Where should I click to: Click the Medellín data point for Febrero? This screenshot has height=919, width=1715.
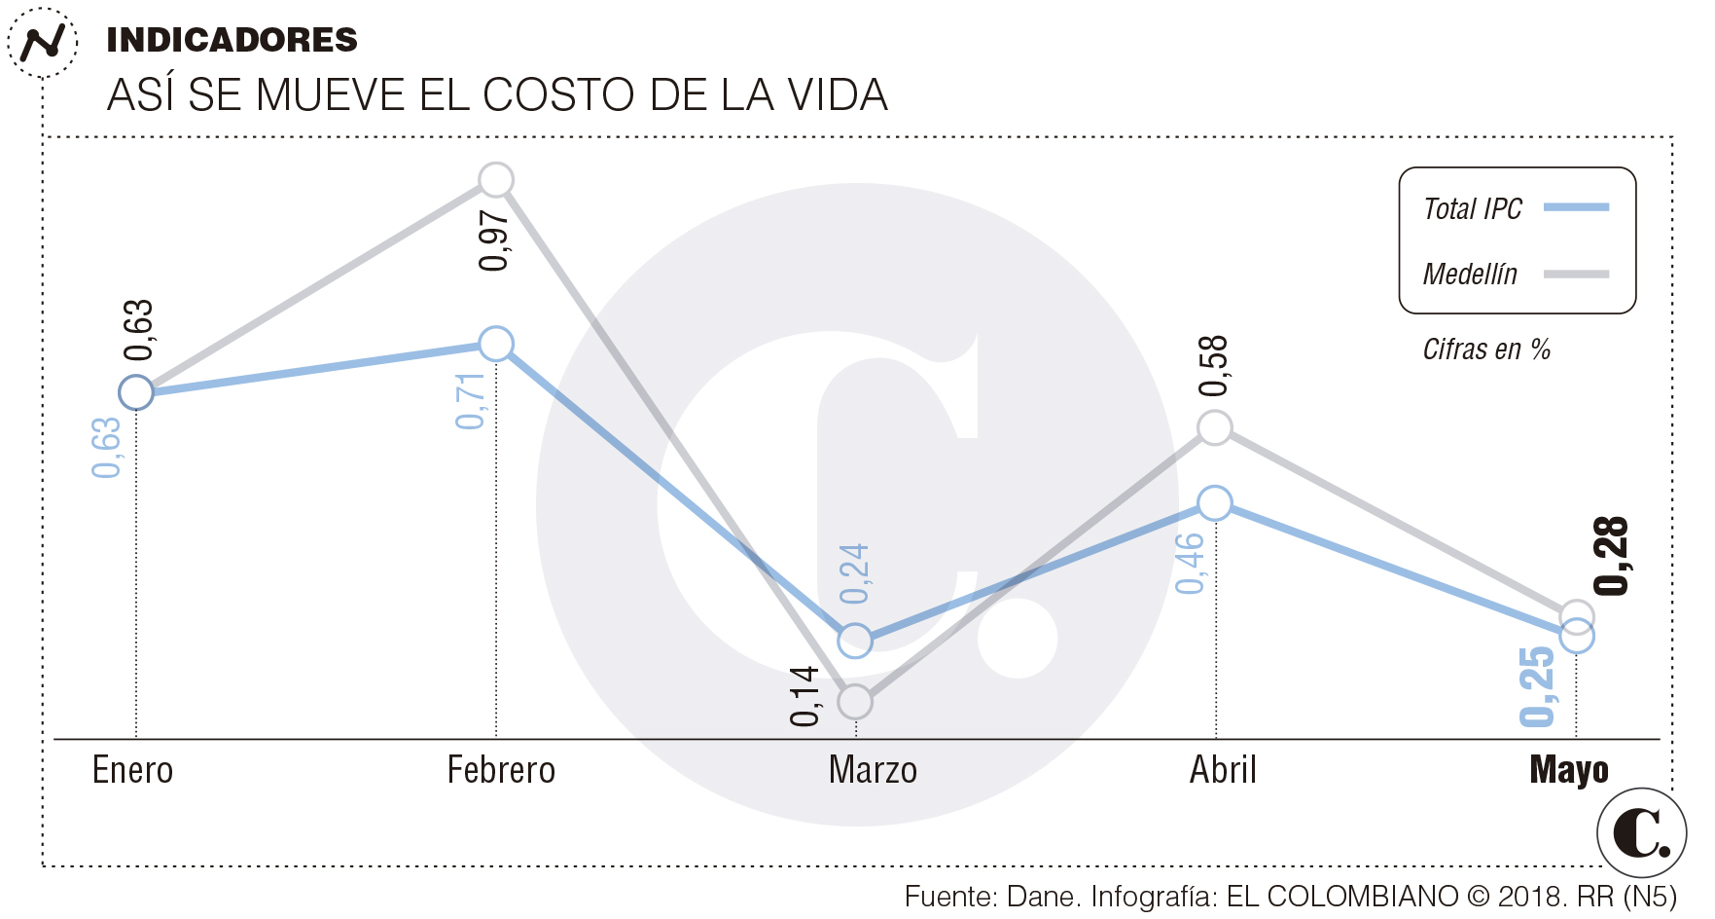tap(496, 180)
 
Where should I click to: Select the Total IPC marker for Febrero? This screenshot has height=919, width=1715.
tap(496, 344)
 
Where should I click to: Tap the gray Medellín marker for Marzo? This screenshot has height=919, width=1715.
tap(855, 701)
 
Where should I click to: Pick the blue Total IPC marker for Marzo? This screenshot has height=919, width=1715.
tap(855, 641)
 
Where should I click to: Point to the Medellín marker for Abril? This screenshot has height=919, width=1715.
tap(1215, 427)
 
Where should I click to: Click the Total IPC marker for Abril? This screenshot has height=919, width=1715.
tap(1215, 503)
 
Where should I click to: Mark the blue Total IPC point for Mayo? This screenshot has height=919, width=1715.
tap(1577, 637)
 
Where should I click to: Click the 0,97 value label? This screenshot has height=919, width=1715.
tap(494, 240)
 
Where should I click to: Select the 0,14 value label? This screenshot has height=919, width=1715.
tap(805, 697)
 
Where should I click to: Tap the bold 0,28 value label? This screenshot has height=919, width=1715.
tap(1611, 556)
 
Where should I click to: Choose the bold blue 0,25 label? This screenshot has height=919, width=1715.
tap(1538, 686)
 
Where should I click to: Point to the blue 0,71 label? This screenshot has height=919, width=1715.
tap(470, 401)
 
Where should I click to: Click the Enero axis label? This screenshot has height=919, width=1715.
tap(132, 770)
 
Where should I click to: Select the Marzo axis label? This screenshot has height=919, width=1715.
tap(873, 770)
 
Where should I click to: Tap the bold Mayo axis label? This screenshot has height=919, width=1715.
tap(1569, 770)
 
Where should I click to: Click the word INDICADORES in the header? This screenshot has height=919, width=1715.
tap(232, 40)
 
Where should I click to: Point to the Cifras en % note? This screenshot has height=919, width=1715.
tap(1486, 349)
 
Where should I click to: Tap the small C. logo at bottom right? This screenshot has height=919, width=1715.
tap(1641, 832)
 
